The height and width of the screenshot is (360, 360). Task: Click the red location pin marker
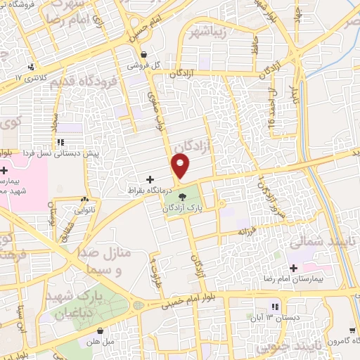coord(181,166)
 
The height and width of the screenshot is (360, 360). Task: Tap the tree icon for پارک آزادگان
coord(182,198)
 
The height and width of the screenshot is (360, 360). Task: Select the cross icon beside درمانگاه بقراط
coord(150,180)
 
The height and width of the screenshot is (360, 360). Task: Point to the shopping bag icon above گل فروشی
coord(143,53)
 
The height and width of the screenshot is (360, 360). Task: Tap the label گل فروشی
coord(143,64)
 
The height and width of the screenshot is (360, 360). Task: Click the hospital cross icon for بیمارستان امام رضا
coord(294,269)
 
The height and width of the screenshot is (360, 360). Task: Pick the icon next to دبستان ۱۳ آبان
coord(275,307)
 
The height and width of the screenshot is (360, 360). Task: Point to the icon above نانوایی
coord(84,199)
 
